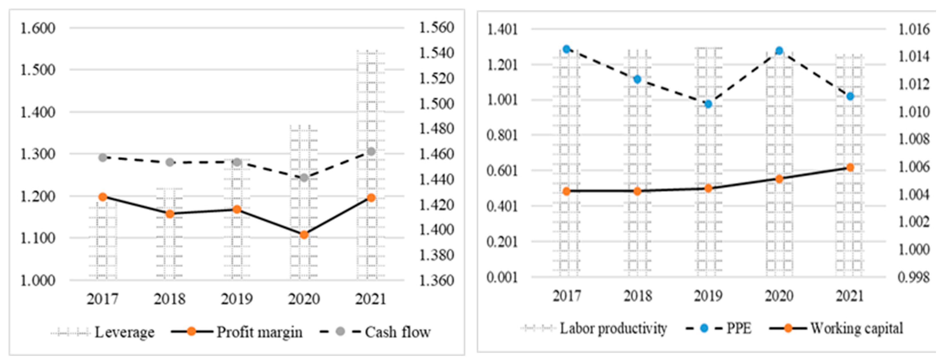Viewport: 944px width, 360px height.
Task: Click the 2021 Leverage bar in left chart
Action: point(371,165)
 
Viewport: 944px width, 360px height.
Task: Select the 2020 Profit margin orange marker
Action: point(304,235)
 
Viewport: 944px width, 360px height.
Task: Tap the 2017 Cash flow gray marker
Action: point(103,158)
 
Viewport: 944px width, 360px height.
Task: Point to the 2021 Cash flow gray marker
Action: point(371,152)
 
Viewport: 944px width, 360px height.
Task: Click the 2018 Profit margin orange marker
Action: point(170,214)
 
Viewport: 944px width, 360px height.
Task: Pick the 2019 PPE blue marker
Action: point(709,104)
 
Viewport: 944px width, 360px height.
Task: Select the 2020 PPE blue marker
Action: point(779,51)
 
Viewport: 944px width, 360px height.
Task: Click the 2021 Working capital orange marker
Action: point(850,168)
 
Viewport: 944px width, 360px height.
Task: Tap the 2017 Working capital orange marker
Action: point(567,191)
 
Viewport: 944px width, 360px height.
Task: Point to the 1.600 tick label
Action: point(37,28)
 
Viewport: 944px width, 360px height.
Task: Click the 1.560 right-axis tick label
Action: point(436,27)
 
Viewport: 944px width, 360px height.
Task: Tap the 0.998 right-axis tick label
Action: point(914,277)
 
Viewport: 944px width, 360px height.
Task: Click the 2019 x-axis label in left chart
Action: point(237,299)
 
